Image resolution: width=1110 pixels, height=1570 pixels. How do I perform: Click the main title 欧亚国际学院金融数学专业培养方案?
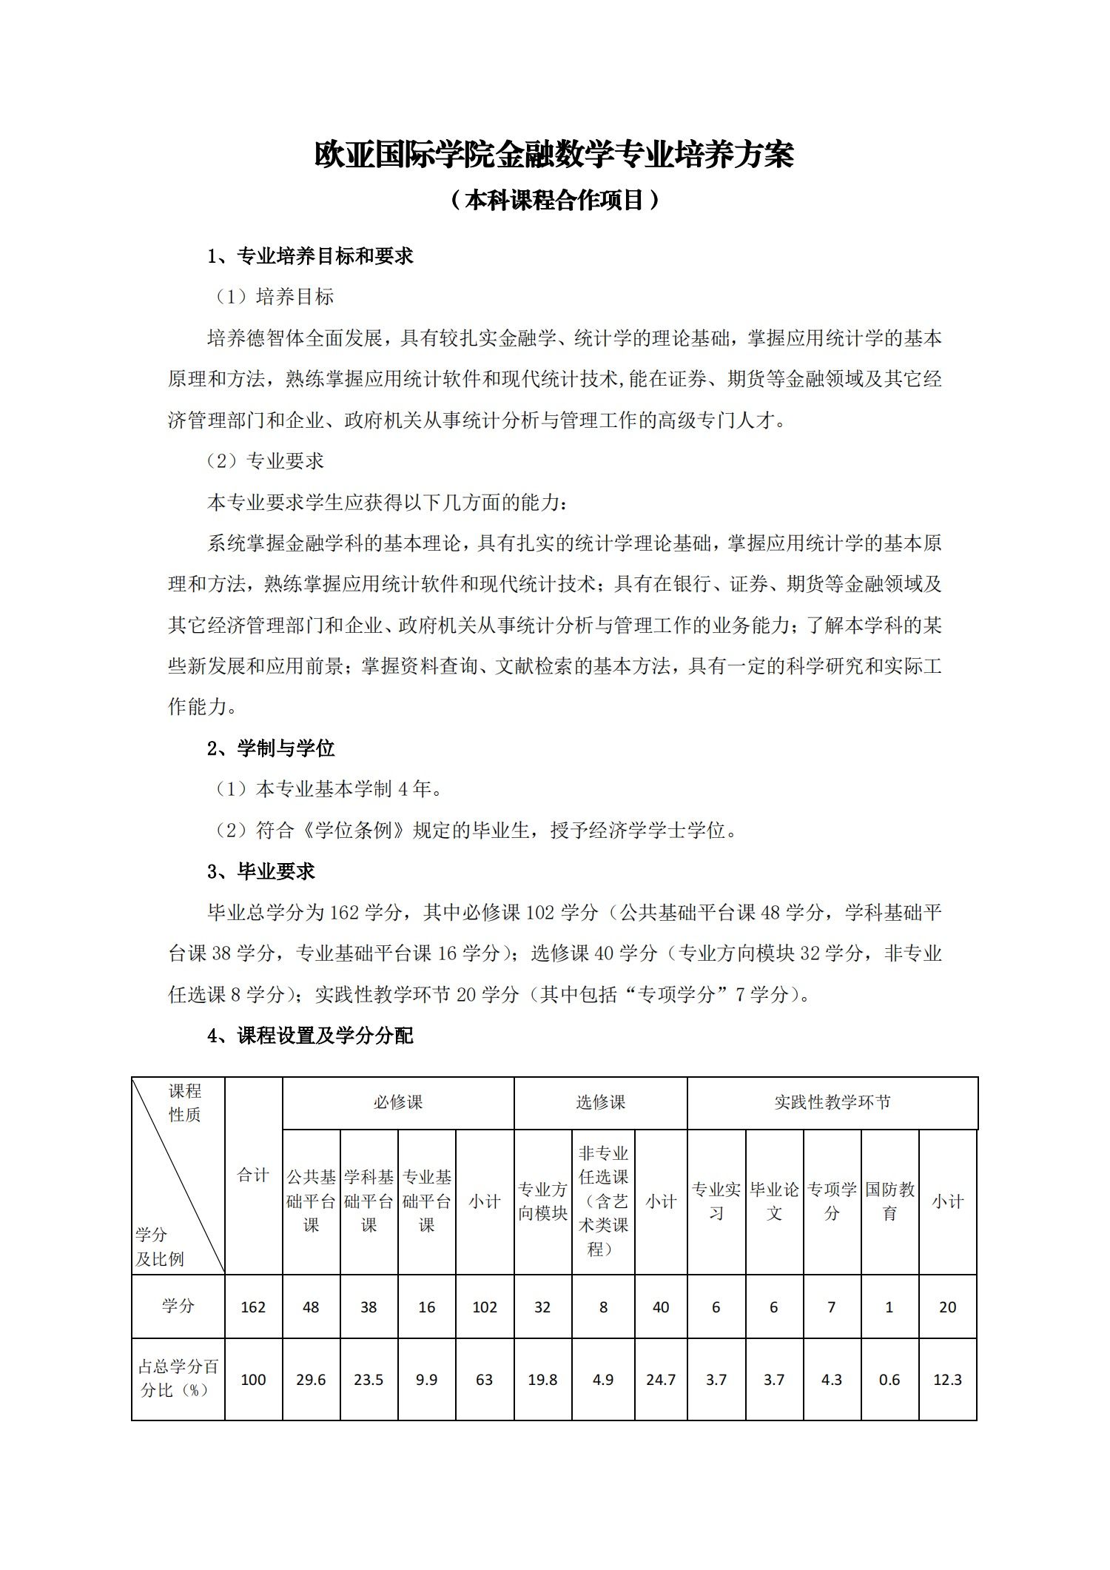point(554,155)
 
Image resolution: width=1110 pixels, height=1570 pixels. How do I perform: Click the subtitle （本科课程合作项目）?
point(554,200)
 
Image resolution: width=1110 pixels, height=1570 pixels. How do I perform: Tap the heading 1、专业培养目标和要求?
point(310,256)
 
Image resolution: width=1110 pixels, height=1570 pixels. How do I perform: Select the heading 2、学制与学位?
point(271,748)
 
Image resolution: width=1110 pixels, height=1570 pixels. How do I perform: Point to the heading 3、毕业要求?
point(261,871)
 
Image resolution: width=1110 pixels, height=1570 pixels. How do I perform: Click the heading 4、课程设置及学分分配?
point(310,1036)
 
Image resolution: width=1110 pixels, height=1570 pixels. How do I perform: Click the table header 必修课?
point(398,1102)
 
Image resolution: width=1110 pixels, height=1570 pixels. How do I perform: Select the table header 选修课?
point(600,1102)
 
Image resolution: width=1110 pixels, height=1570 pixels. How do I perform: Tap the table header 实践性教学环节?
point(832,1102)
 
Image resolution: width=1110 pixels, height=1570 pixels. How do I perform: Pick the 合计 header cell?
point(253,1175)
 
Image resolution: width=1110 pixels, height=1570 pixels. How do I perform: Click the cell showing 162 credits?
point(253,1307)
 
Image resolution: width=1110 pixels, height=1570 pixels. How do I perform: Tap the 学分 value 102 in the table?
point(485,1307)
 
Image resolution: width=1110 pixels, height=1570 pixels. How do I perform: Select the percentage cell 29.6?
point(311,1380)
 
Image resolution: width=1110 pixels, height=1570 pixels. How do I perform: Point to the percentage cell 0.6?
point(889,1380)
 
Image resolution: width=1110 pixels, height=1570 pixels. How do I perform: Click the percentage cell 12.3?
point(947,1380)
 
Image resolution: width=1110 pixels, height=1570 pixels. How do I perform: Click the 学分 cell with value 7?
point(832,1307)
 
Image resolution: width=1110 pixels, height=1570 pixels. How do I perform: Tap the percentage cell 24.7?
point(661,1380)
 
